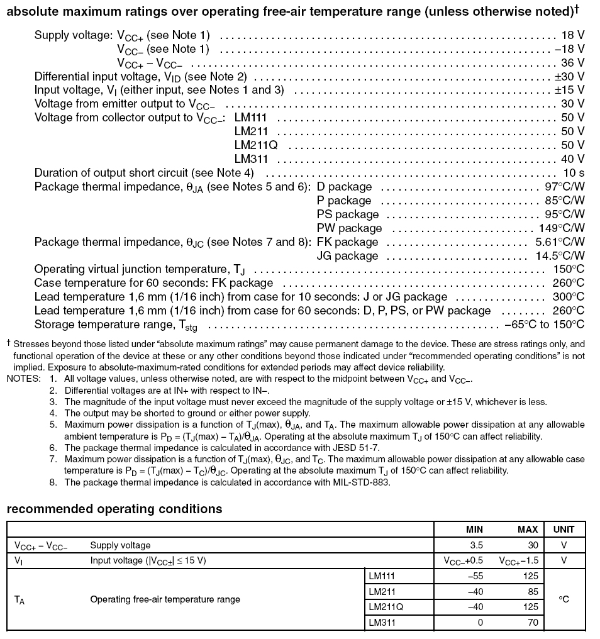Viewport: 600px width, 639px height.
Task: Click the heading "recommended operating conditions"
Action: [x=114, y=509]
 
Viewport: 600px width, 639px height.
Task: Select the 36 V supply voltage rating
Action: [x=572, y=63]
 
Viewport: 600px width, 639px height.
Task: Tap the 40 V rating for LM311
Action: [x=572, y=159]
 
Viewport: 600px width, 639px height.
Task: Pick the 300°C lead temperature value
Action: [x=568, y=297]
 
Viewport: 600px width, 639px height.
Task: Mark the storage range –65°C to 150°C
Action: [x=544, y=325]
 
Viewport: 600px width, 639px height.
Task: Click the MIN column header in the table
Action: [x=474, y=530]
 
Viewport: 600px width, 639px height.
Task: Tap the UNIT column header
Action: [x=564, y=530]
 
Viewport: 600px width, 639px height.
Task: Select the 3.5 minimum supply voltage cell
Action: [x=476, y=545]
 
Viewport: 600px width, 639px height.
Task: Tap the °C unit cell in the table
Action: [x=564, y=599]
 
